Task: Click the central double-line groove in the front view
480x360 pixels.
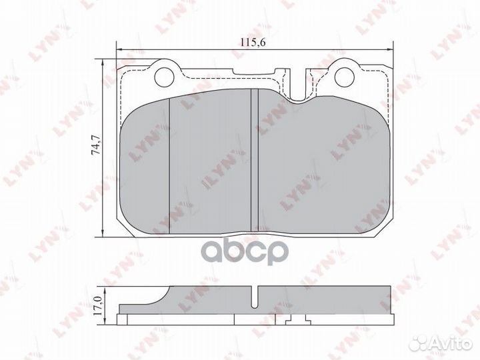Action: [253, 160]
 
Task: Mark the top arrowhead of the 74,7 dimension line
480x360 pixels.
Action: [103, 62]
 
